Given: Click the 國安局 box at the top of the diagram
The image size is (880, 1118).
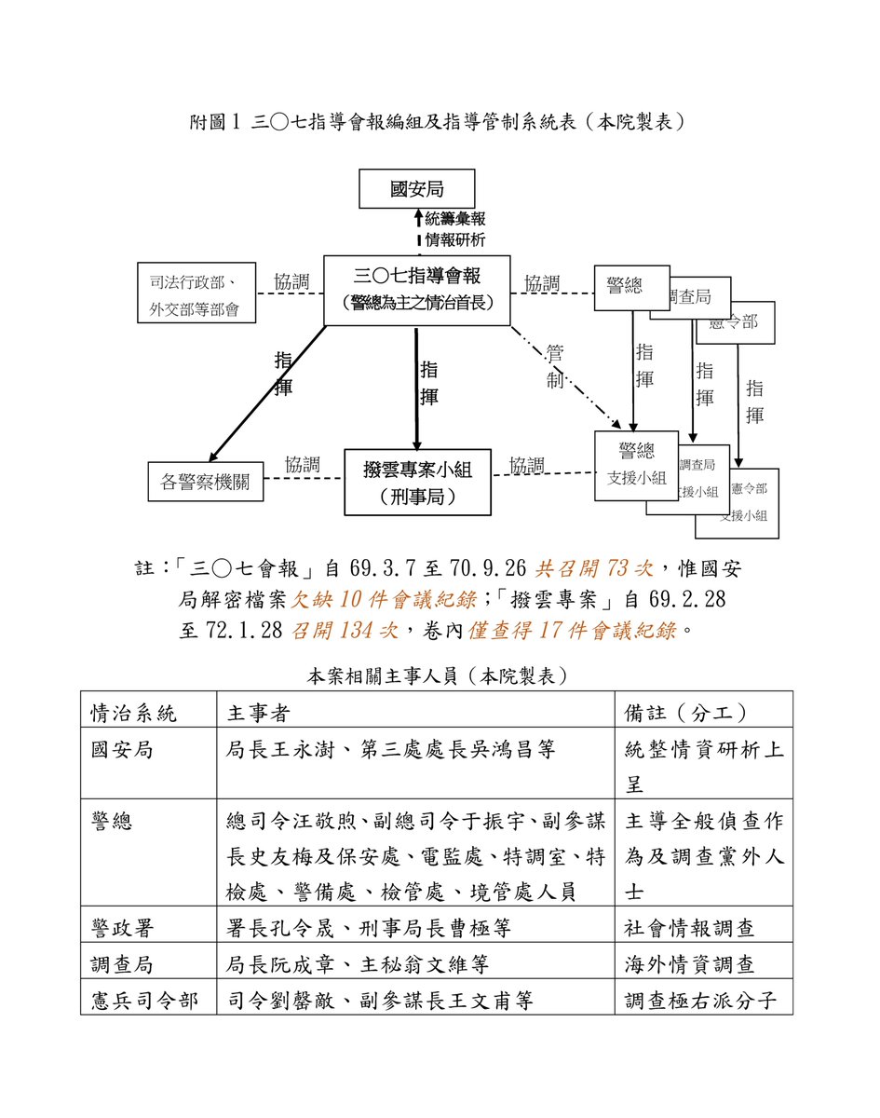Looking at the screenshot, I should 417,189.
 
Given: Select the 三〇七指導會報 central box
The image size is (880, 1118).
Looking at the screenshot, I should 416,290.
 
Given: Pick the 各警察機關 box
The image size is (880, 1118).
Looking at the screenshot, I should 206,483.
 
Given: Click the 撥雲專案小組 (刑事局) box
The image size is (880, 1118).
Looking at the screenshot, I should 417,482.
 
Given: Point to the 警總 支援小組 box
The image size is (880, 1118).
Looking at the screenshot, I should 636,464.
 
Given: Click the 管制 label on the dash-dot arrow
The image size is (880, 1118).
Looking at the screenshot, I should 555,366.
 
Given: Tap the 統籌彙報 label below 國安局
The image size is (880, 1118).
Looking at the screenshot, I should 455,219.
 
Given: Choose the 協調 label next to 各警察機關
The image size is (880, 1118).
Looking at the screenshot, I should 303,464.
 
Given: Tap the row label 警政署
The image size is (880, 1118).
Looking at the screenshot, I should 122,928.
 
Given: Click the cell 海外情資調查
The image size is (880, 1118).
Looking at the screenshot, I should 689,964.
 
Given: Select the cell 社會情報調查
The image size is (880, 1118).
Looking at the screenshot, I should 689,928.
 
